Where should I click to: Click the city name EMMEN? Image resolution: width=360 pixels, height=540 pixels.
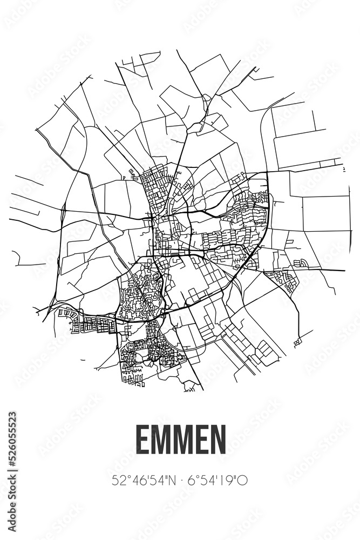tap(180, 442)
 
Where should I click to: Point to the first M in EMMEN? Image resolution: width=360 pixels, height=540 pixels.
tap(160, 442)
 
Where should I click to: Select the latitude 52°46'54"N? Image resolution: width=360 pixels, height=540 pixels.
tap(141, 479)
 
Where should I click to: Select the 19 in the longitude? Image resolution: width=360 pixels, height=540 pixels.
tap(229, 479)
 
